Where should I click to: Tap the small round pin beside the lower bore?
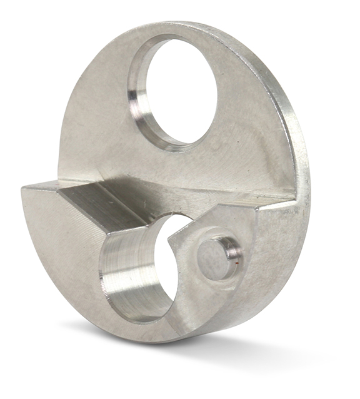(x=211, y=258)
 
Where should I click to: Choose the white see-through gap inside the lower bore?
(x=172, y=275)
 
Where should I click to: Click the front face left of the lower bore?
(x=62, y=250)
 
